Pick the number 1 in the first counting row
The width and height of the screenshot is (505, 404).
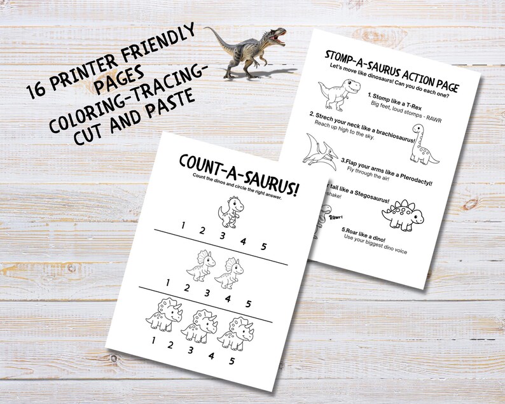point(182,225)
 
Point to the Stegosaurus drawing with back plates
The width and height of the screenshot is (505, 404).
point(400,212)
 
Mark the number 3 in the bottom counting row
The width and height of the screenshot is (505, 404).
point(191,349)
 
